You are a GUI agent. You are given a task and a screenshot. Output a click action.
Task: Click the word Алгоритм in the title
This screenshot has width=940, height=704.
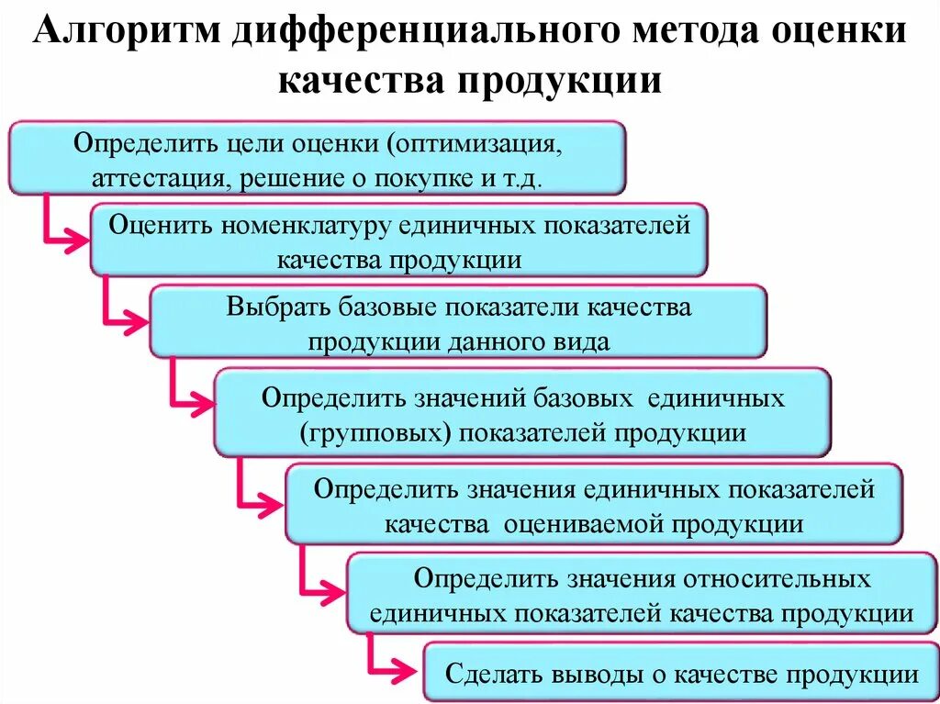pyautogui.click(x=129, y=34)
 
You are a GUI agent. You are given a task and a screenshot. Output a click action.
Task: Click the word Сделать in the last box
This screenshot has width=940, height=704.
pyautogui.click(x=495, y=675)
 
